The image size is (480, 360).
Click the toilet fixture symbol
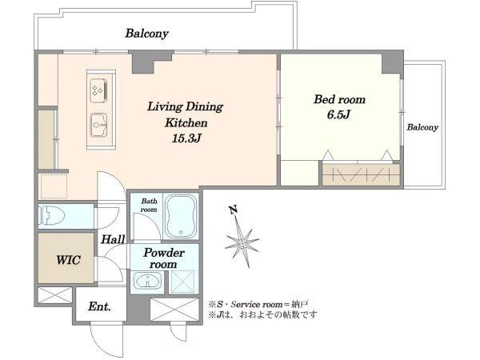51,215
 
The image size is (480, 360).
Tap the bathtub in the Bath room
182,216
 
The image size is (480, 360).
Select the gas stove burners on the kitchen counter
99,90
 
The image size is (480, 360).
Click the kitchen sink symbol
99,125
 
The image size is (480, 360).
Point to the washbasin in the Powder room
147,281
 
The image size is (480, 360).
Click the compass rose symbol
242,242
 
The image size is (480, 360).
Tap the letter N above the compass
234,210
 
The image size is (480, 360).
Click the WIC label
69,260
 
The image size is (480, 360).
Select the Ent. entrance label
99,306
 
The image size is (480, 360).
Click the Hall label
113,239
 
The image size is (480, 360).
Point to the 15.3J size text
186,138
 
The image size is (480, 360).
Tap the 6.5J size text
338,114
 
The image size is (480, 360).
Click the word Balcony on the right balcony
422,127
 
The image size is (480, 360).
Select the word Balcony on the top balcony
147,34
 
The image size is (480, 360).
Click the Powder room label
164,258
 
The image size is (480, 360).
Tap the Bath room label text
149,206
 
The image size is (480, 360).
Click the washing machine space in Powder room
182,282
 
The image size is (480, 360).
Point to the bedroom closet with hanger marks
362,174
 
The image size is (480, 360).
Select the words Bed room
339,99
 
